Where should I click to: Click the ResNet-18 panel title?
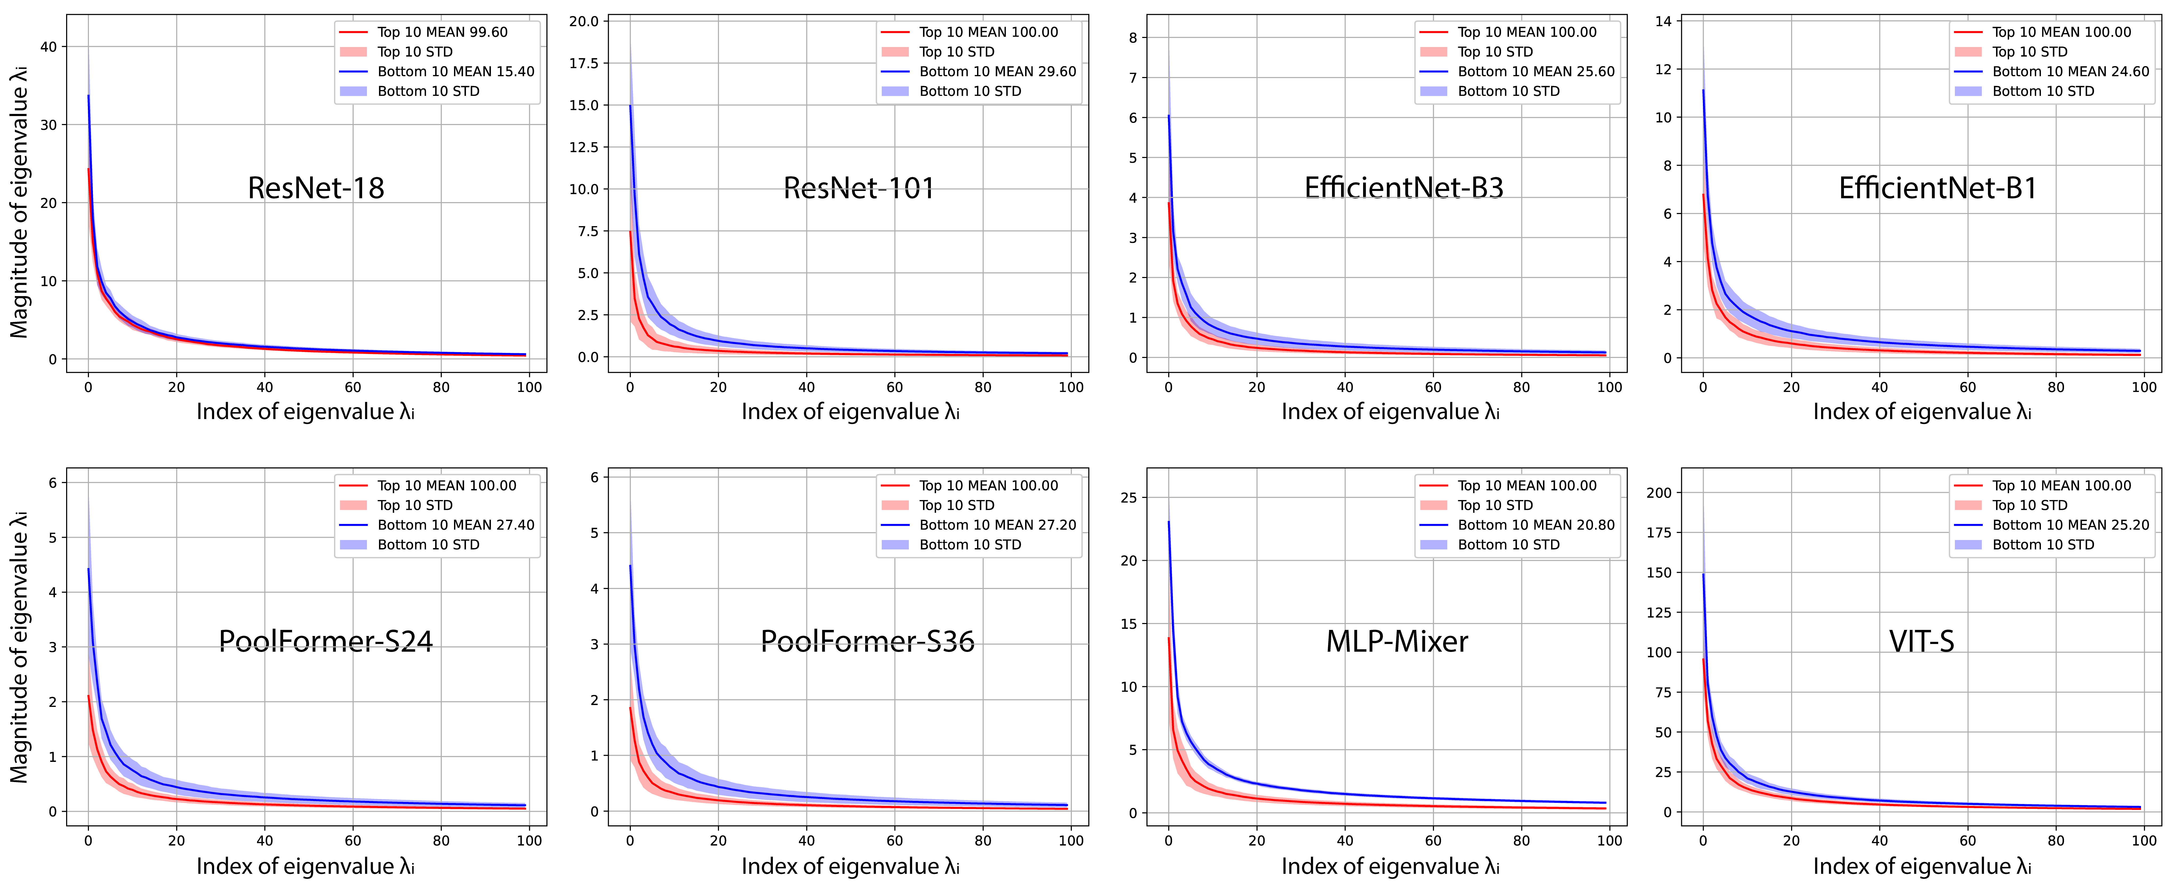tap(316, 187)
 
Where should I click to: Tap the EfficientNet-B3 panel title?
tap(1403, 187)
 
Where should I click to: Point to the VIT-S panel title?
tap(1922, 641)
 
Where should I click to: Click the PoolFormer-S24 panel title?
tap(326, 641)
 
